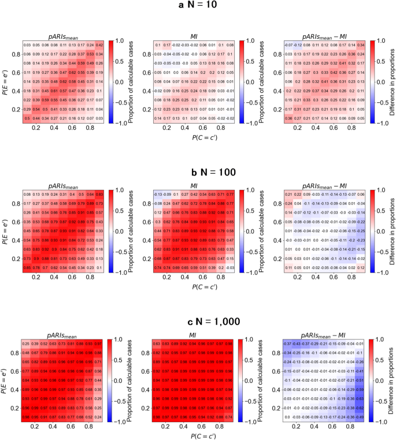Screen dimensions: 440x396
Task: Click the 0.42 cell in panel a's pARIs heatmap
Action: coord(99,44)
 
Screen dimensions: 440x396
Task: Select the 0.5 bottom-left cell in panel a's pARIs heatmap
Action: coord(27,118)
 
